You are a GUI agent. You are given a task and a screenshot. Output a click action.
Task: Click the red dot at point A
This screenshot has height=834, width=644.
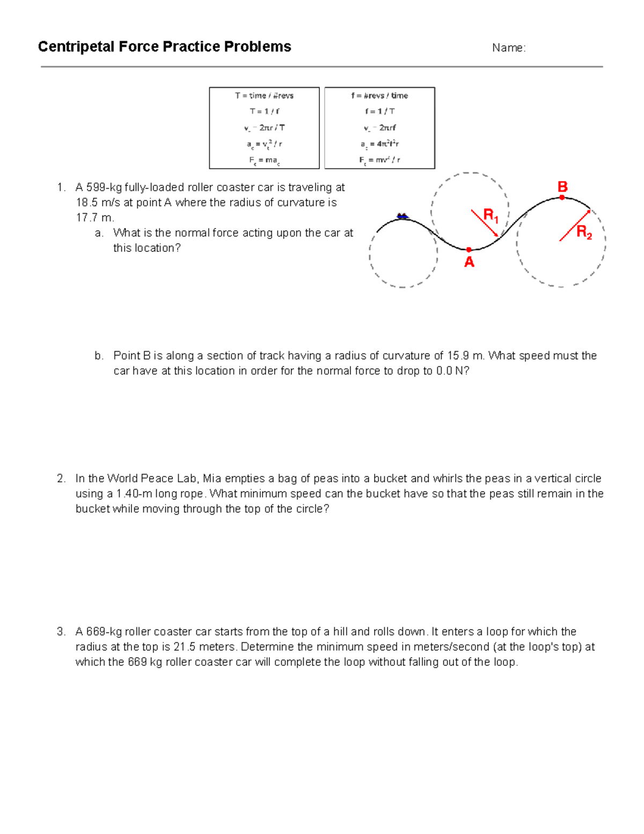(x=469, y=250)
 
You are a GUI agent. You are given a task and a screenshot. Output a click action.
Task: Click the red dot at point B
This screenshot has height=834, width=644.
(x=562, y=198)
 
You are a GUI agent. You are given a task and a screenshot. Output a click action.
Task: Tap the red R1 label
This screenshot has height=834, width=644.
(x=491, y=216)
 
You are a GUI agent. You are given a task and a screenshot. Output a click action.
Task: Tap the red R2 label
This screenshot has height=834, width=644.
(x=584, y=232)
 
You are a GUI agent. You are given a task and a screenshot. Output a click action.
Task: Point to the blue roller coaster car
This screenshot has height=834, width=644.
(x=402, y=216)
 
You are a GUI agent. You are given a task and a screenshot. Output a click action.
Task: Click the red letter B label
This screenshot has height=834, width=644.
(x=562, y=187)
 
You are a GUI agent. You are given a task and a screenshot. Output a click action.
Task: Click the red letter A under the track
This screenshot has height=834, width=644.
(x=469, y=262)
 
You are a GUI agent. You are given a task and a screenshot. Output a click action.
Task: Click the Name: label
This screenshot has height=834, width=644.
(x=508, y=48)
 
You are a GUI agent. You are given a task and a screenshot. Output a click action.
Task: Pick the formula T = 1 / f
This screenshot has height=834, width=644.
(x=264, y=111)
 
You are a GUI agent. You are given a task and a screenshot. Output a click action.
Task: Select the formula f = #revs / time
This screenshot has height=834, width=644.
(x=379, y=96)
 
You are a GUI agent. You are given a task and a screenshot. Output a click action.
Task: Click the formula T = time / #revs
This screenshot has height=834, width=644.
(x=264, y=96)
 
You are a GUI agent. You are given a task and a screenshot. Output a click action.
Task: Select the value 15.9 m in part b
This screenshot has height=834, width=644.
(x=465, y=356)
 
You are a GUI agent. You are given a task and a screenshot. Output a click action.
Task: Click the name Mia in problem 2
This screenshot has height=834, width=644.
(x=212, y=478)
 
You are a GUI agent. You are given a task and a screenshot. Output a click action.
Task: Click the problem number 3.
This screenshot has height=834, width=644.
(x=61, y=632)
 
